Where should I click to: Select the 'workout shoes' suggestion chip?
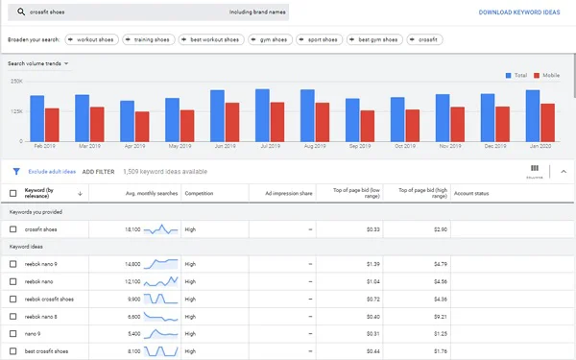(x=94, y=39)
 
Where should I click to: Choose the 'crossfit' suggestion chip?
(x=424, y=39)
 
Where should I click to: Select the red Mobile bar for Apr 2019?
(x=143, y=126)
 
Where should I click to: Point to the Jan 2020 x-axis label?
(x=540, y=146)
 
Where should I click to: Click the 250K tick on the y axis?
(x=17, y=81)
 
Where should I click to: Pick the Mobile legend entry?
(x=547, y=73)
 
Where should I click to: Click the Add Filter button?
(x=98, y=171)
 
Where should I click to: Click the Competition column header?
(x=199, y=194)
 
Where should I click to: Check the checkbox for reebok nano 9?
(x=13, y=262)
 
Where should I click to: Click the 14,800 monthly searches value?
(x=132, y=262)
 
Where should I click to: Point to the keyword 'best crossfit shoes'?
(x=47, y=350)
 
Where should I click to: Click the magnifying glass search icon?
(x=20, y=13)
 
